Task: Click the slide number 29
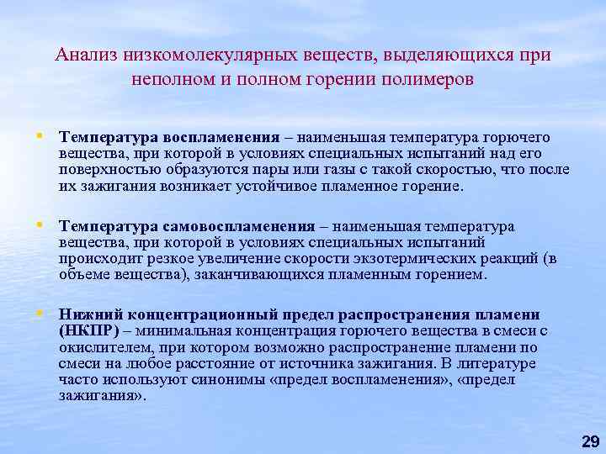click(590, 441)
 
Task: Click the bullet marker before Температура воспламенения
click(40, 135)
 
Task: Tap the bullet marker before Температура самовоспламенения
click(40, 226)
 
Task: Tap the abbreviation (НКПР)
click(88, 330)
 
